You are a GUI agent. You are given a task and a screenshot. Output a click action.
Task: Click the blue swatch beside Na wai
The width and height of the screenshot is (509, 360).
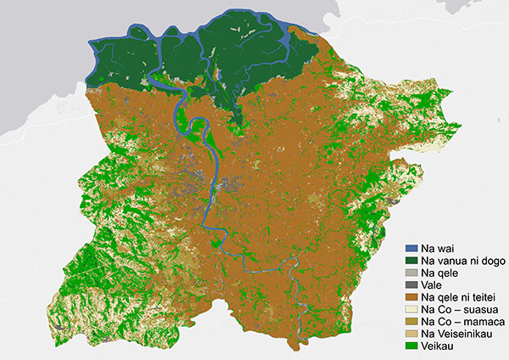[x=413, y=248]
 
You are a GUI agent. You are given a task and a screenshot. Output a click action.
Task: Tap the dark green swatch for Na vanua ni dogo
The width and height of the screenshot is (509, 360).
[x=413, y=261]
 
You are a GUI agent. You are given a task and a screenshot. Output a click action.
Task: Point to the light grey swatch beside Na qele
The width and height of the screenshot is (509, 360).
[x=413, y=273]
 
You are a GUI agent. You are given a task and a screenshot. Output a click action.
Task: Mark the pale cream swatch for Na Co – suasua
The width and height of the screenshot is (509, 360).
[x=413, y=311]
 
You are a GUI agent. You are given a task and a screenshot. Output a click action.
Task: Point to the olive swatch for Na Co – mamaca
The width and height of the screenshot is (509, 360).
[x=413, y=323]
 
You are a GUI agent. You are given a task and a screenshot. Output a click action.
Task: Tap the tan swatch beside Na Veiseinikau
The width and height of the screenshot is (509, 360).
[x=413, y=335]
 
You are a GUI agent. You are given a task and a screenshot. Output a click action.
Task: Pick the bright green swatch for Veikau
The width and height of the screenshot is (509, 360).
[x=413, y=348]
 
